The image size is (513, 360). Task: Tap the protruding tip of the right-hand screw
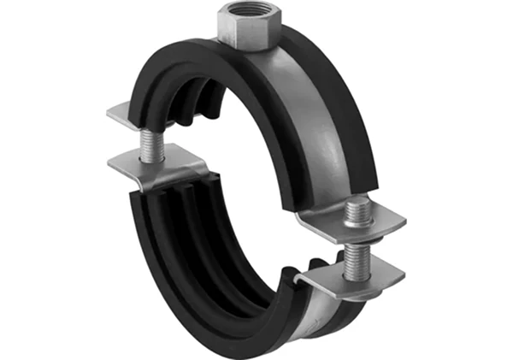pyautogui.click(x=357, y=206)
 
